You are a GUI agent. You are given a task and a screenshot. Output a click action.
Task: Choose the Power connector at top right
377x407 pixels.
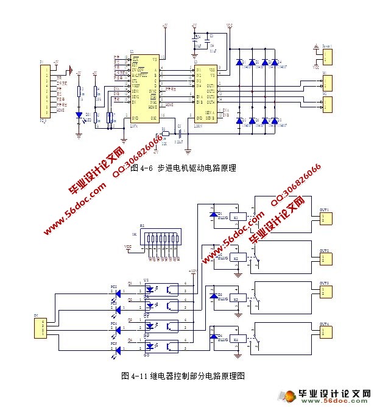coord(326,57)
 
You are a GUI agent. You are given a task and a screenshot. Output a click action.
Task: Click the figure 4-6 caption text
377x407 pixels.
coord(183,168)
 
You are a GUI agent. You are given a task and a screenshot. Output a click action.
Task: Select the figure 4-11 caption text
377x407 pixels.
coord(183,375)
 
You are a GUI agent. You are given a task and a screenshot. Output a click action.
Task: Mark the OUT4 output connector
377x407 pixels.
coord(326,332)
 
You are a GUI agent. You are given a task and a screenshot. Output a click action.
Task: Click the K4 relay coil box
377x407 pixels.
coord(239,336)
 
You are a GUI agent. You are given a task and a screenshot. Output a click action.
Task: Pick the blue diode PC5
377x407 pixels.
coord(118,350)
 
